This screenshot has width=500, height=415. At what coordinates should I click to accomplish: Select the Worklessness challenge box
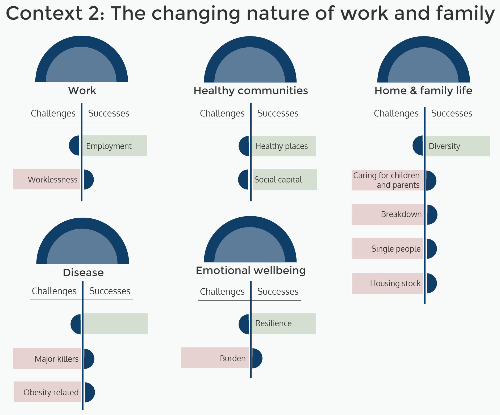point(47,179)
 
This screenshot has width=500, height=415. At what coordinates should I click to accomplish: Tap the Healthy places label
point(281,146)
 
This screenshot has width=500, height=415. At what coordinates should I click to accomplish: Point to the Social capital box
point(284,180)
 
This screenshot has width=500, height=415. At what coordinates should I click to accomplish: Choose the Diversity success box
point(456,146)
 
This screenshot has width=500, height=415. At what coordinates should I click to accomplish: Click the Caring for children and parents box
point(387,180)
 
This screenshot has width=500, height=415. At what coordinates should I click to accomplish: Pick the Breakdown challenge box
point(388,214)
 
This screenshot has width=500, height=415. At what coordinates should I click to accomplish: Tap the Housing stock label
point(395,283)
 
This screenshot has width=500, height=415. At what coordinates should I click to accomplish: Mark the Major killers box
point(47,359)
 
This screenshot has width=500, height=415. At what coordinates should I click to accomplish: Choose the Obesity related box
point(48,392)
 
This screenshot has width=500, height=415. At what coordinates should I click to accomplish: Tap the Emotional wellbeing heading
point(251,270)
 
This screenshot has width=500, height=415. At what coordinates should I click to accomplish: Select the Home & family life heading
point(423,90)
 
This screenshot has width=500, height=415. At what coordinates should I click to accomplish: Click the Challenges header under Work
point(53,113)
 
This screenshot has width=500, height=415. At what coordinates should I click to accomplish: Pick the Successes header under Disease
point(110,291)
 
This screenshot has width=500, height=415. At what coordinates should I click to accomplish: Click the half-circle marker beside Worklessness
point(88,180)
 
